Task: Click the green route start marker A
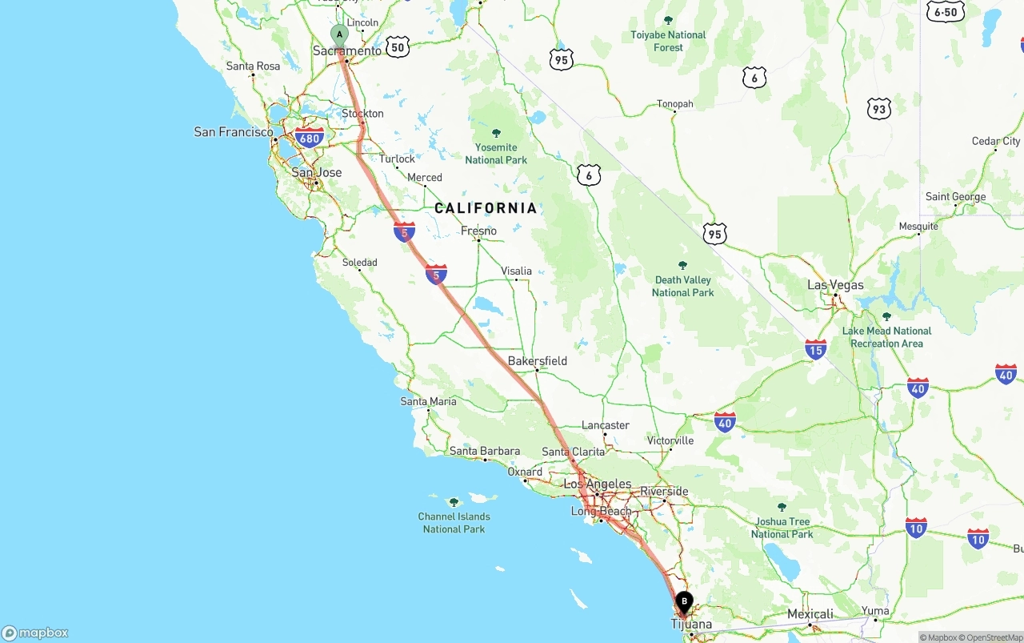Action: click(x=339, y=35)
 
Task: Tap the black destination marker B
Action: click(x=684, y=601)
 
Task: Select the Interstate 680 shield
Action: click(x=309, y=138)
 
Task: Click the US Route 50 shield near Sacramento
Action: click(x=398, y=47)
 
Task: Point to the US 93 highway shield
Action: click(x=878, y=109)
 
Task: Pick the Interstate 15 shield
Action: click(x=815, y=349)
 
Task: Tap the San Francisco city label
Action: click(x=234, y=131)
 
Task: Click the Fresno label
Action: click(x=478, y=231)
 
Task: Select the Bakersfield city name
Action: click(x=538, y=361)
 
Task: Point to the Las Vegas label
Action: click(x=835, y=285)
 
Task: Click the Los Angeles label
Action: click(x=597, y=484)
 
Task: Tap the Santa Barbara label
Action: click(x=485, y=451)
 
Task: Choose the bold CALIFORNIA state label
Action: click(x=486, y=208)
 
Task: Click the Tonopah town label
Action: click(x=675, y=104)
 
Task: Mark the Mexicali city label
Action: click(x=810, y=614)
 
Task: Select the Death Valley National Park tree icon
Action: click(x=682, y=265)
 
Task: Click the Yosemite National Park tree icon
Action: click(x=496, y=133)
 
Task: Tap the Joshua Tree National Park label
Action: click(x=782, y=528)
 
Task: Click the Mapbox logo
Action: click(x=35, y=633)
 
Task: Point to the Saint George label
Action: click(x=955, y=197)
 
